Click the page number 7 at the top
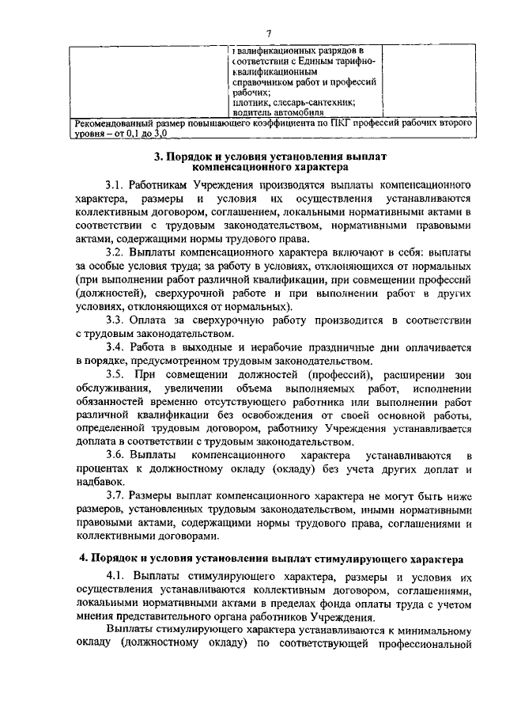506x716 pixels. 269,32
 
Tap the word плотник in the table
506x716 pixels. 252,102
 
